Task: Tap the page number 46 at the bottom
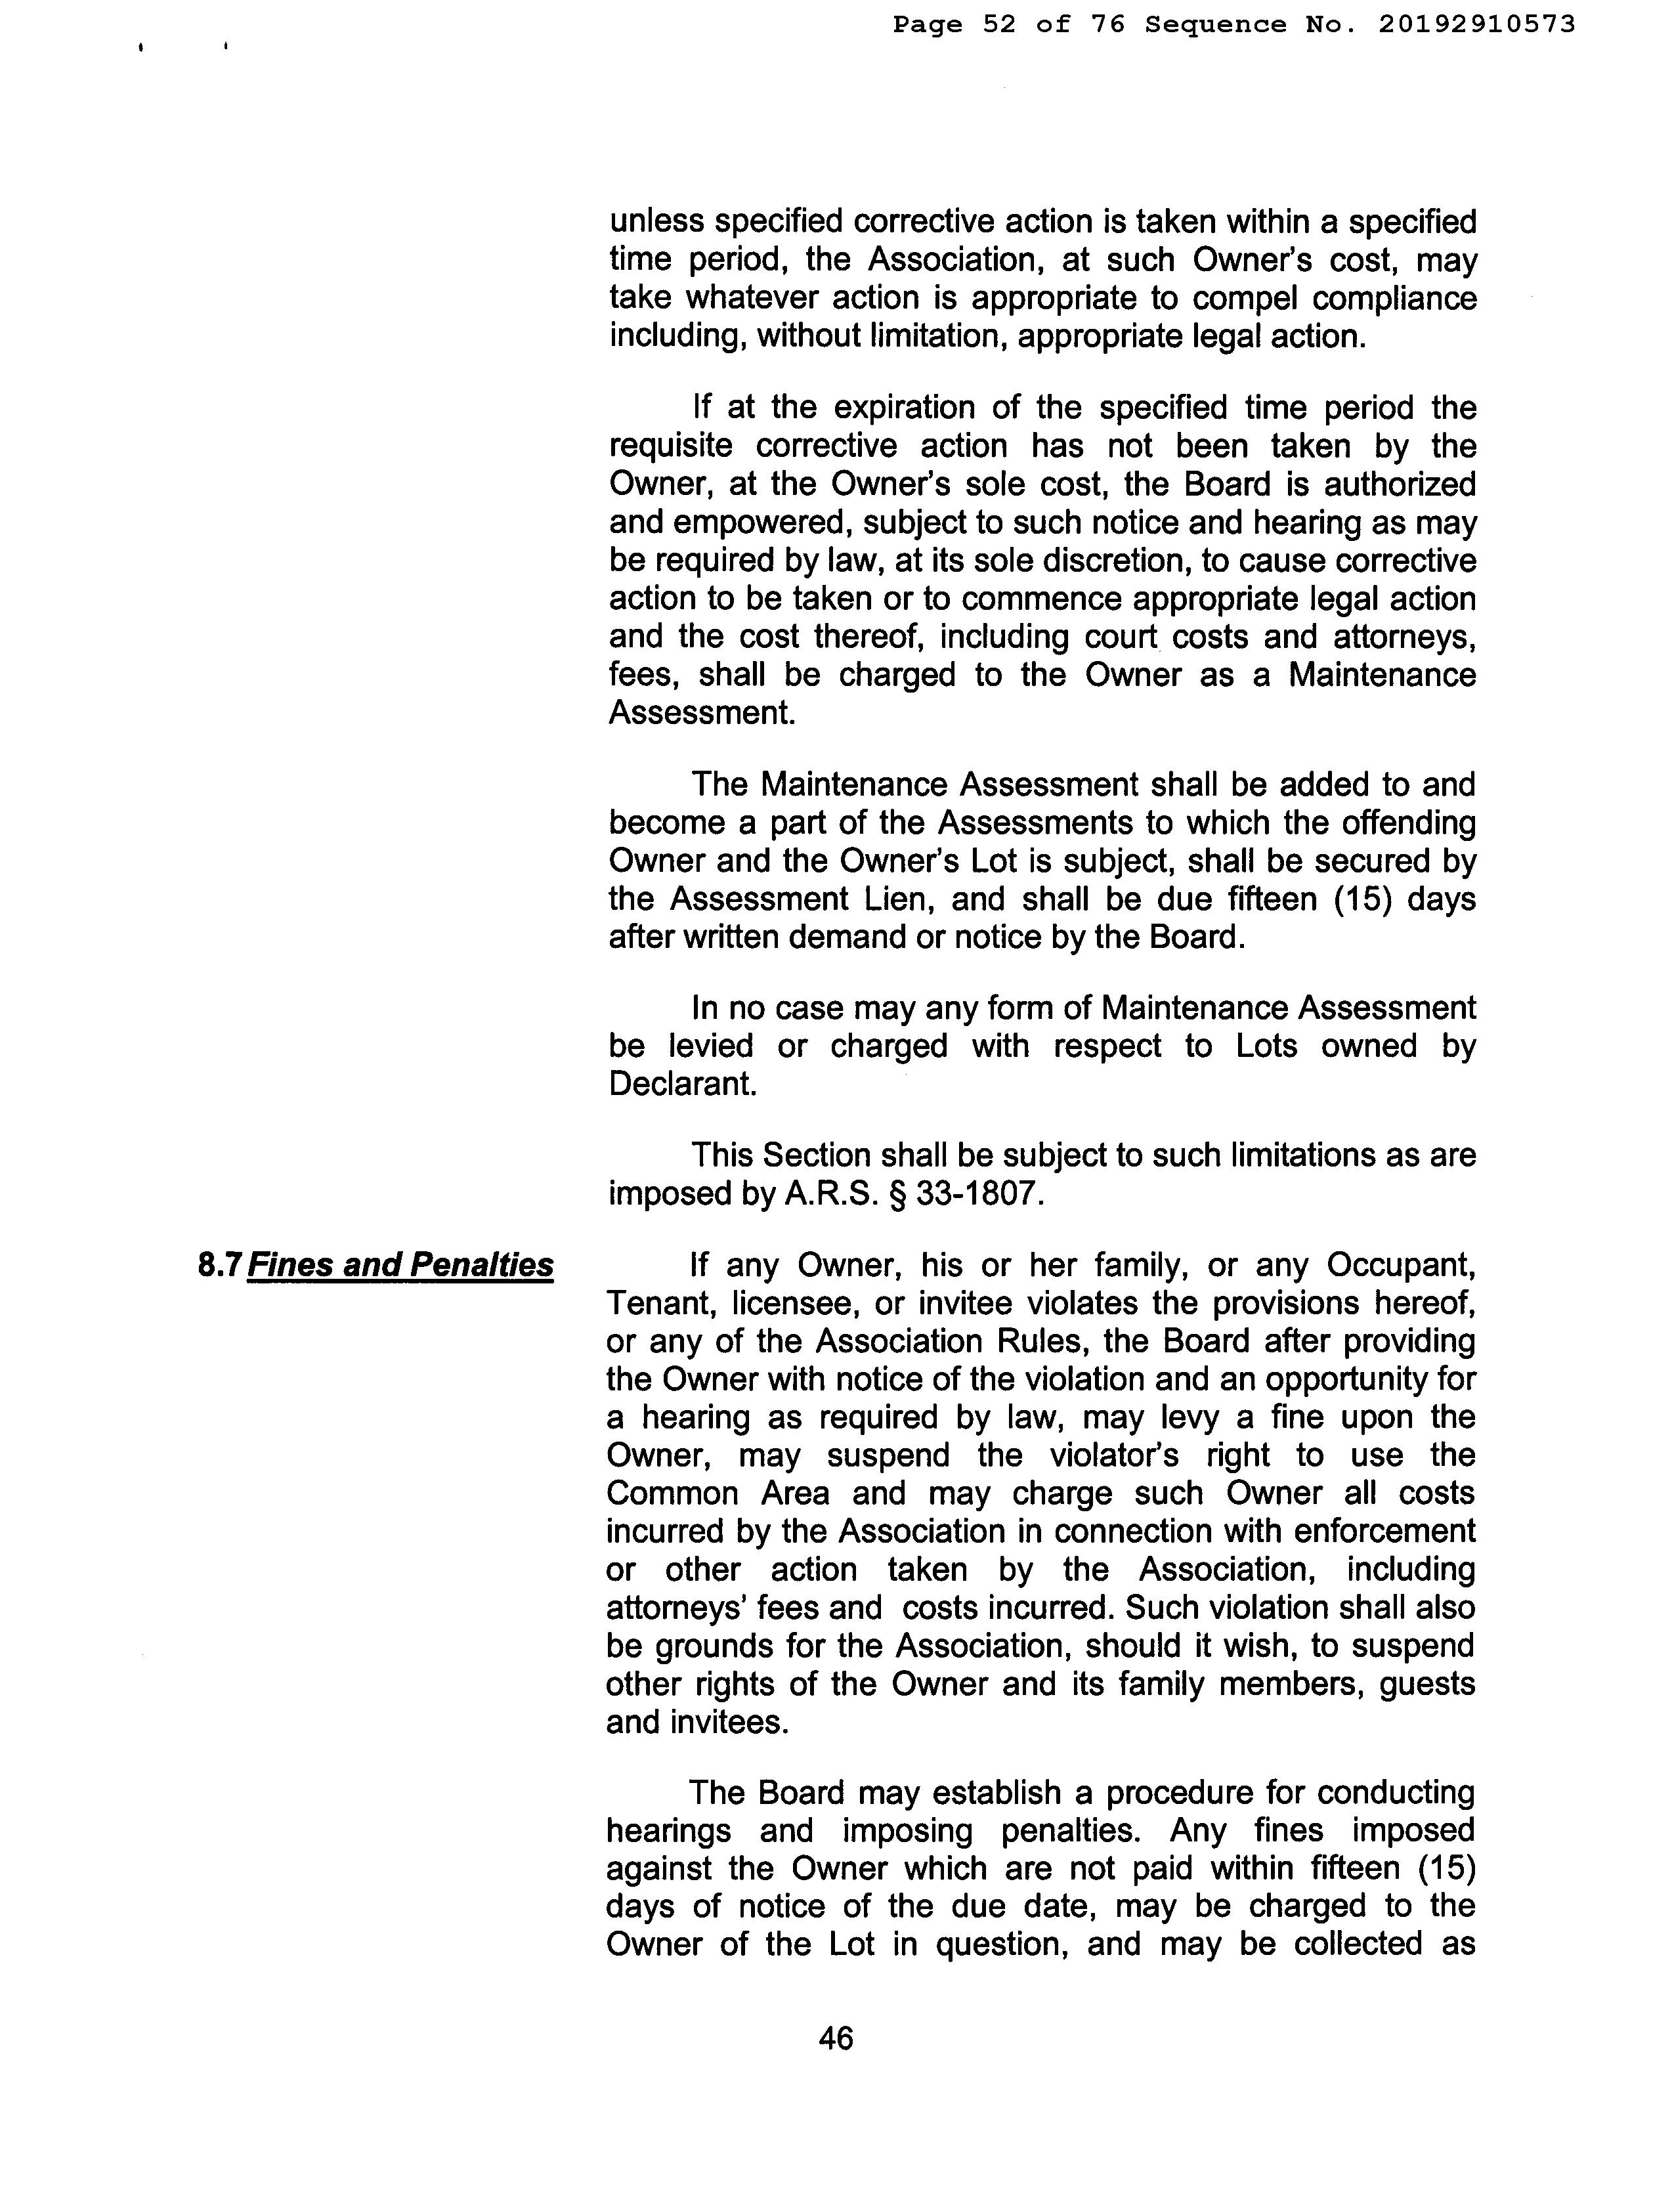[x=836, y=2039]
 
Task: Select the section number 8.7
[x=220, y=1264]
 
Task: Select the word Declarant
[x=683, y=1084]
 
